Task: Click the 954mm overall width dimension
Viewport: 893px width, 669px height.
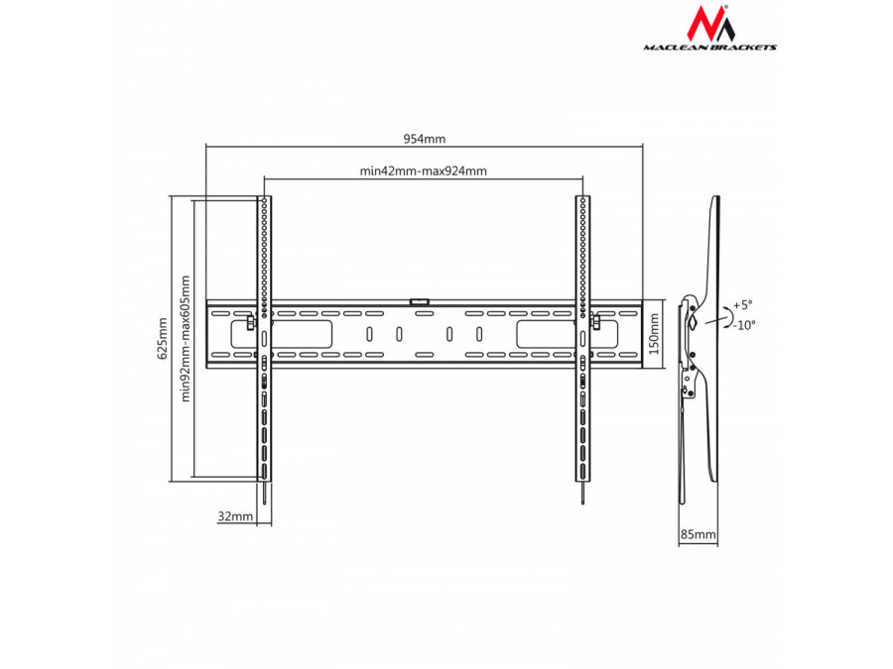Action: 424,139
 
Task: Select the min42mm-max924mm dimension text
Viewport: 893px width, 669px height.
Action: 424,170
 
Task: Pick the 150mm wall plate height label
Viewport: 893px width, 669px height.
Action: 654,334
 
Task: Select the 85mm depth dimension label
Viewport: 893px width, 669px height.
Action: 698,534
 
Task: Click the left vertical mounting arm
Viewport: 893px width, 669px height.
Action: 264,337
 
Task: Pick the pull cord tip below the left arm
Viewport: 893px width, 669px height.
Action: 266,496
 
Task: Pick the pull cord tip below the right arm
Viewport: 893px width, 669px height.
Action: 583,496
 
